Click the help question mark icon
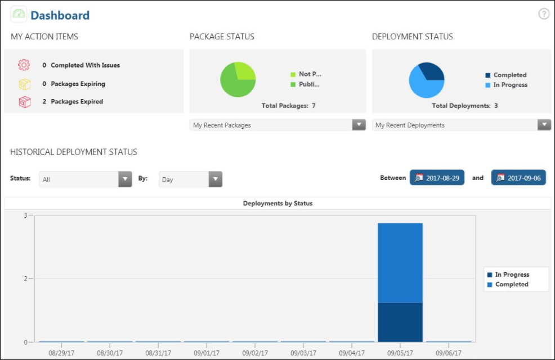click(544, 14)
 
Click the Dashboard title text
click(60, 15)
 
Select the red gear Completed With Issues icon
click(24, 65)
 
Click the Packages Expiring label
click(78, 84)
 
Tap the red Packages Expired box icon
click(24, 102)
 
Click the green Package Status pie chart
click(238, 79)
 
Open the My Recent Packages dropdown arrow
click(359, 125)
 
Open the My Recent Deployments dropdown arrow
click(544, 125)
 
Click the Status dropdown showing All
click(85, 179)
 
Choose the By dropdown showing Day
click(190, 179)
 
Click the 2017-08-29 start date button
click(437, 178)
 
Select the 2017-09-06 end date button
click(518, 178)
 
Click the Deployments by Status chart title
click(277, 203)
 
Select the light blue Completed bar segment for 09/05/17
click(400, 263)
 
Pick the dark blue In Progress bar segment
click(400, 322)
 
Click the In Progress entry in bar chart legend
click(512, 274)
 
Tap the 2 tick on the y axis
click(25, 278)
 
